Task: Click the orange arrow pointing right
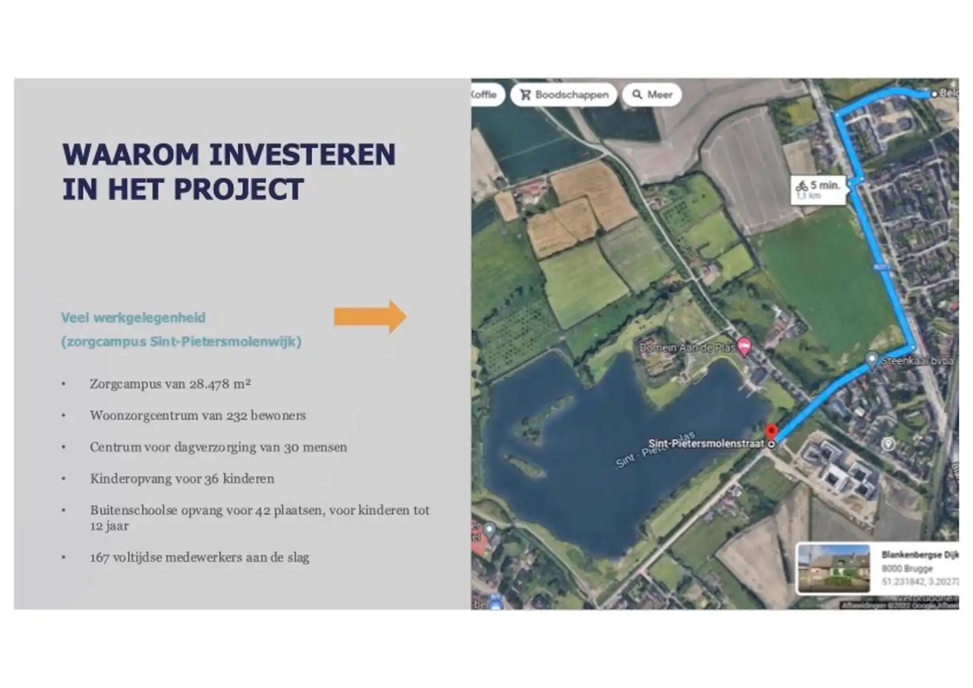click(x=370, y=316)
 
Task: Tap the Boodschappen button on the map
click(x=564, y=95)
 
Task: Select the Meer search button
click(x=652, y=95)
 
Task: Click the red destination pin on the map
click(x=771, y=431)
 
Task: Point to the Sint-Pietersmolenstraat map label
click(x=706, y=443)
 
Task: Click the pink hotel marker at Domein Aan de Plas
click(x=744, y=346)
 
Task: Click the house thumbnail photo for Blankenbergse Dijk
click(x=834, y=568)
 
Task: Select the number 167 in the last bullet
click(x=99, y=557)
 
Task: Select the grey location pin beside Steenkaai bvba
click(x=871, y=360)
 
